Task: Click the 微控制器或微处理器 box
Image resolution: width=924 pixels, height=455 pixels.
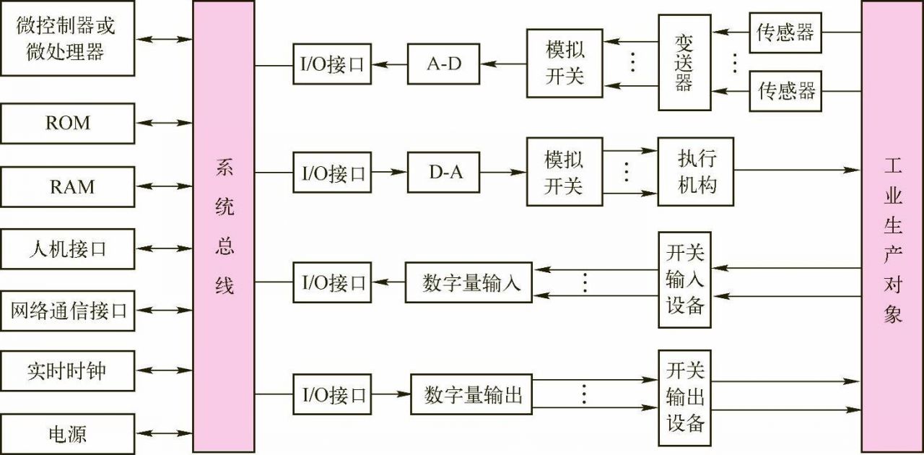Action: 67,38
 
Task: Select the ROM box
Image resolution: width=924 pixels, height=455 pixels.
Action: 67,123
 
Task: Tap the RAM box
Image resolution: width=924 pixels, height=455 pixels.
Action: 67,186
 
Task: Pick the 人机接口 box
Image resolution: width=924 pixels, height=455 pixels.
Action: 67,249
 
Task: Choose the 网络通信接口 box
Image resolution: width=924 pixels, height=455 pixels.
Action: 67,311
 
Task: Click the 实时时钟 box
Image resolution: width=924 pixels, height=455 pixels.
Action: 67,371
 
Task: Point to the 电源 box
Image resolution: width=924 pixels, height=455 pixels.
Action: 67,433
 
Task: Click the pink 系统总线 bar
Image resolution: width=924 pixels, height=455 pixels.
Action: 224,227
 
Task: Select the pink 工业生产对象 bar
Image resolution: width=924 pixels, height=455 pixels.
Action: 892,227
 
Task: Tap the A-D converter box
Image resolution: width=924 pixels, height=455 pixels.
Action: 443,64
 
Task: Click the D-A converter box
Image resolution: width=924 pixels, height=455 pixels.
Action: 443,172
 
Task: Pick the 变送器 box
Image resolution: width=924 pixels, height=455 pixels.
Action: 684,63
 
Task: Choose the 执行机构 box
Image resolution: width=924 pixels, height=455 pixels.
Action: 696,172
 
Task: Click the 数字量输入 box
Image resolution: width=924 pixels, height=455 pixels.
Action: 471,282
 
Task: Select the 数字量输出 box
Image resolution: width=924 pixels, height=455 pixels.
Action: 471,394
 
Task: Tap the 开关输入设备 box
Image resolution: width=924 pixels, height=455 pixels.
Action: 684,279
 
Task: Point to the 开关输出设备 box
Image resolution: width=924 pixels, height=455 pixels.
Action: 684,397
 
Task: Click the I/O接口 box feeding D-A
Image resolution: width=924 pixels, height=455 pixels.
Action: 332,172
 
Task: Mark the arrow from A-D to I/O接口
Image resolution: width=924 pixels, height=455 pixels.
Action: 389,64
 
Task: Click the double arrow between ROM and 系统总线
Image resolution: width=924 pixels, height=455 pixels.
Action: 163,123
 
